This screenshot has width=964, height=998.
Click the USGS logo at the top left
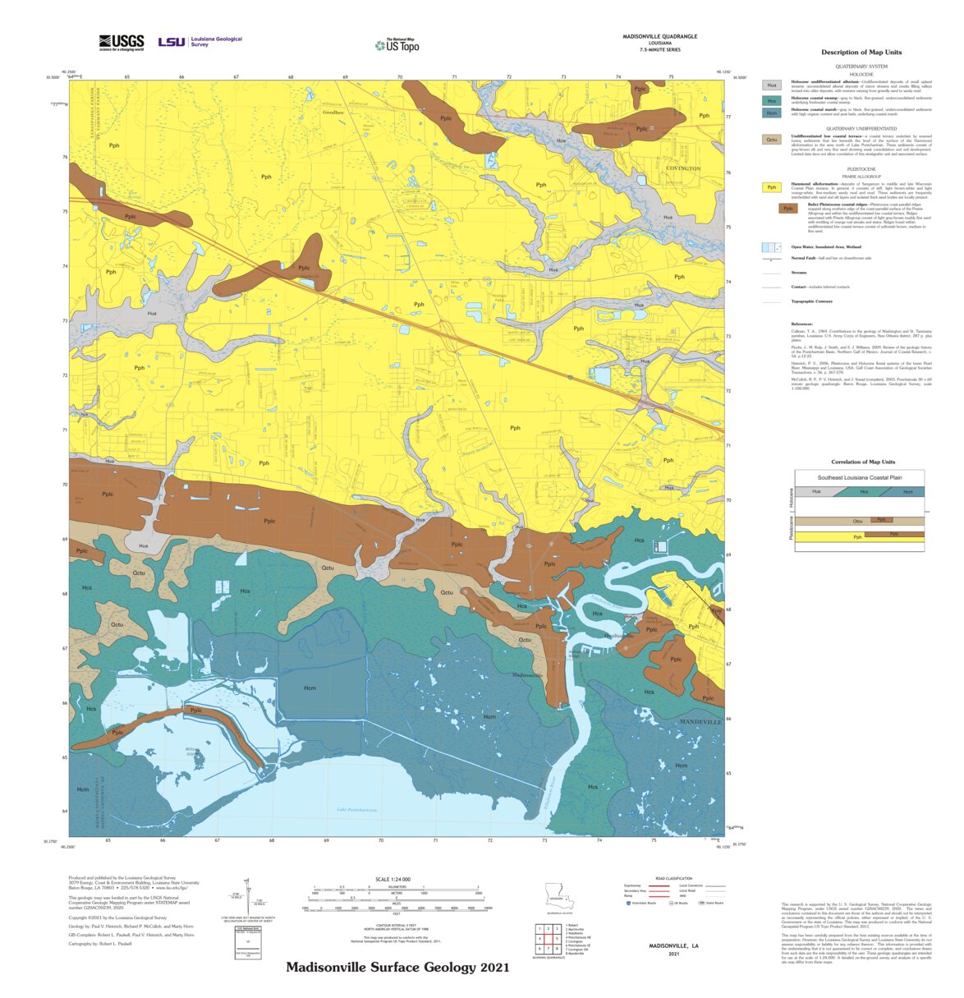(x=122, y=43)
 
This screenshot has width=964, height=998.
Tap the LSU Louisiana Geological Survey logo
(x=200, y=41)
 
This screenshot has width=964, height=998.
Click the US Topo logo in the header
(x=397, y=46)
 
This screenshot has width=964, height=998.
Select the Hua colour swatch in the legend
(x=771, y=85)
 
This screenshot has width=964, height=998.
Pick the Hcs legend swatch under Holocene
(x=771, y=100)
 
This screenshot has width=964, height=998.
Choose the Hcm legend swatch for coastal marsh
(x=771, y=113)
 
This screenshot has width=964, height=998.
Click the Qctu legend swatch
(x=771, y=140)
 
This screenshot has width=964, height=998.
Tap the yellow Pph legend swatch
(x=771, y=187)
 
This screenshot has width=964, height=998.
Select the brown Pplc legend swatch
(x=788, y=209)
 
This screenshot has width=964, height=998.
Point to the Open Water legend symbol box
(x=771, y=247)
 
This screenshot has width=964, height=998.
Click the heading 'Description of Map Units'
(x=861, y=53)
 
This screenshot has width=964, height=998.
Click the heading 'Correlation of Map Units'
(x=862, y=462)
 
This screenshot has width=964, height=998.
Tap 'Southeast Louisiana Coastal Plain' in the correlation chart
(x=859, y=477)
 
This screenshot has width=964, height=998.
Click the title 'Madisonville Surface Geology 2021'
(x=397, y=968)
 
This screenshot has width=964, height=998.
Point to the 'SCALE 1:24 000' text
(x=392, y=879)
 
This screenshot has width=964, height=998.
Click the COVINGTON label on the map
(x=683, y=168)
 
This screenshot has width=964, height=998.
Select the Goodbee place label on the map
(x=333, y=113)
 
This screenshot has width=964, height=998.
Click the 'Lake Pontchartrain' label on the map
(x=356, y=810)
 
